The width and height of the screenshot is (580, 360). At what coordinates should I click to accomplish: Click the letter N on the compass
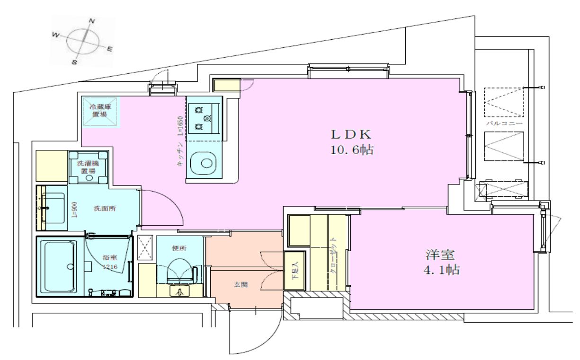pos(92,21)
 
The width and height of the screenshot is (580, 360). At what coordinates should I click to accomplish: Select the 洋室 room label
pos(439,255)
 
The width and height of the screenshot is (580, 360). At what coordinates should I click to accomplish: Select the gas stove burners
pos(203,117)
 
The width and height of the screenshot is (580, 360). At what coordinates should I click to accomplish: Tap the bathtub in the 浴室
pos(59,266)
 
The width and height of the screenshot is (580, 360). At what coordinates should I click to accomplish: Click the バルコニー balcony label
pos(504,124)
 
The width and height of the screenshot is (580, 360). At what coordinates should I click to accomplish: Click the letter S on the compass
pos(74,61)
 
